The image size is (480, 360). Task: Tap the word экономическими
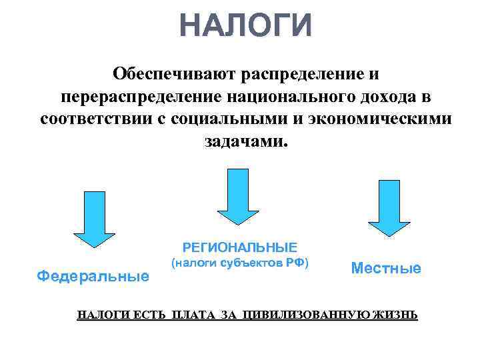377,121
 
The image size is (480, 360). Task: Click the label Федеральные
93,275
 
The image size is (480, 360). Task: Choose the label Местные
386,268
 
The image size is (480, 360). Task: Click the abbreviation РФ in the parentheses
295,263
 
